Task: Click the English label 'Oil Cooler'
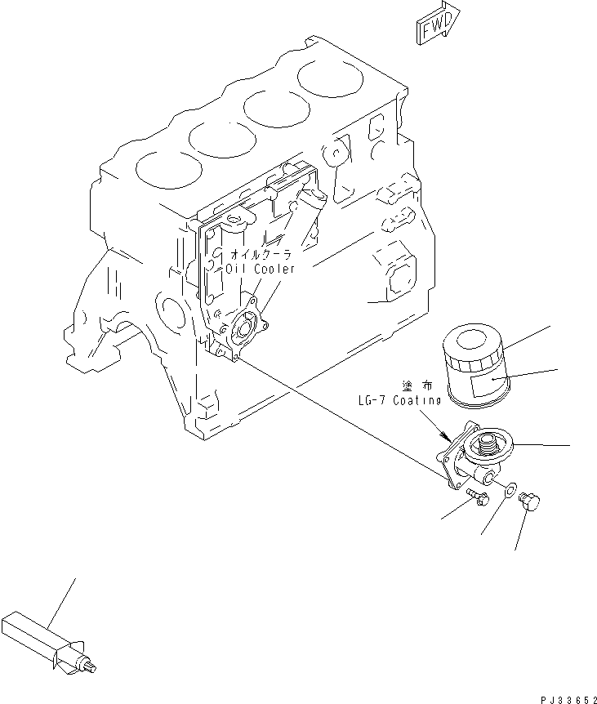pyautogui.click(x=262, y=268)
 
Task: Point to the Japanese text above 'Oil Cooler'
pyautogui.click(x=262, y=254)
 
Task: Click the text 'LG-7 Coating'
pyautogui.click(x=399, y=400)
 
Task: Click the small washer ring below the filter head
pyautogui.click(x=510, y=491)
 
